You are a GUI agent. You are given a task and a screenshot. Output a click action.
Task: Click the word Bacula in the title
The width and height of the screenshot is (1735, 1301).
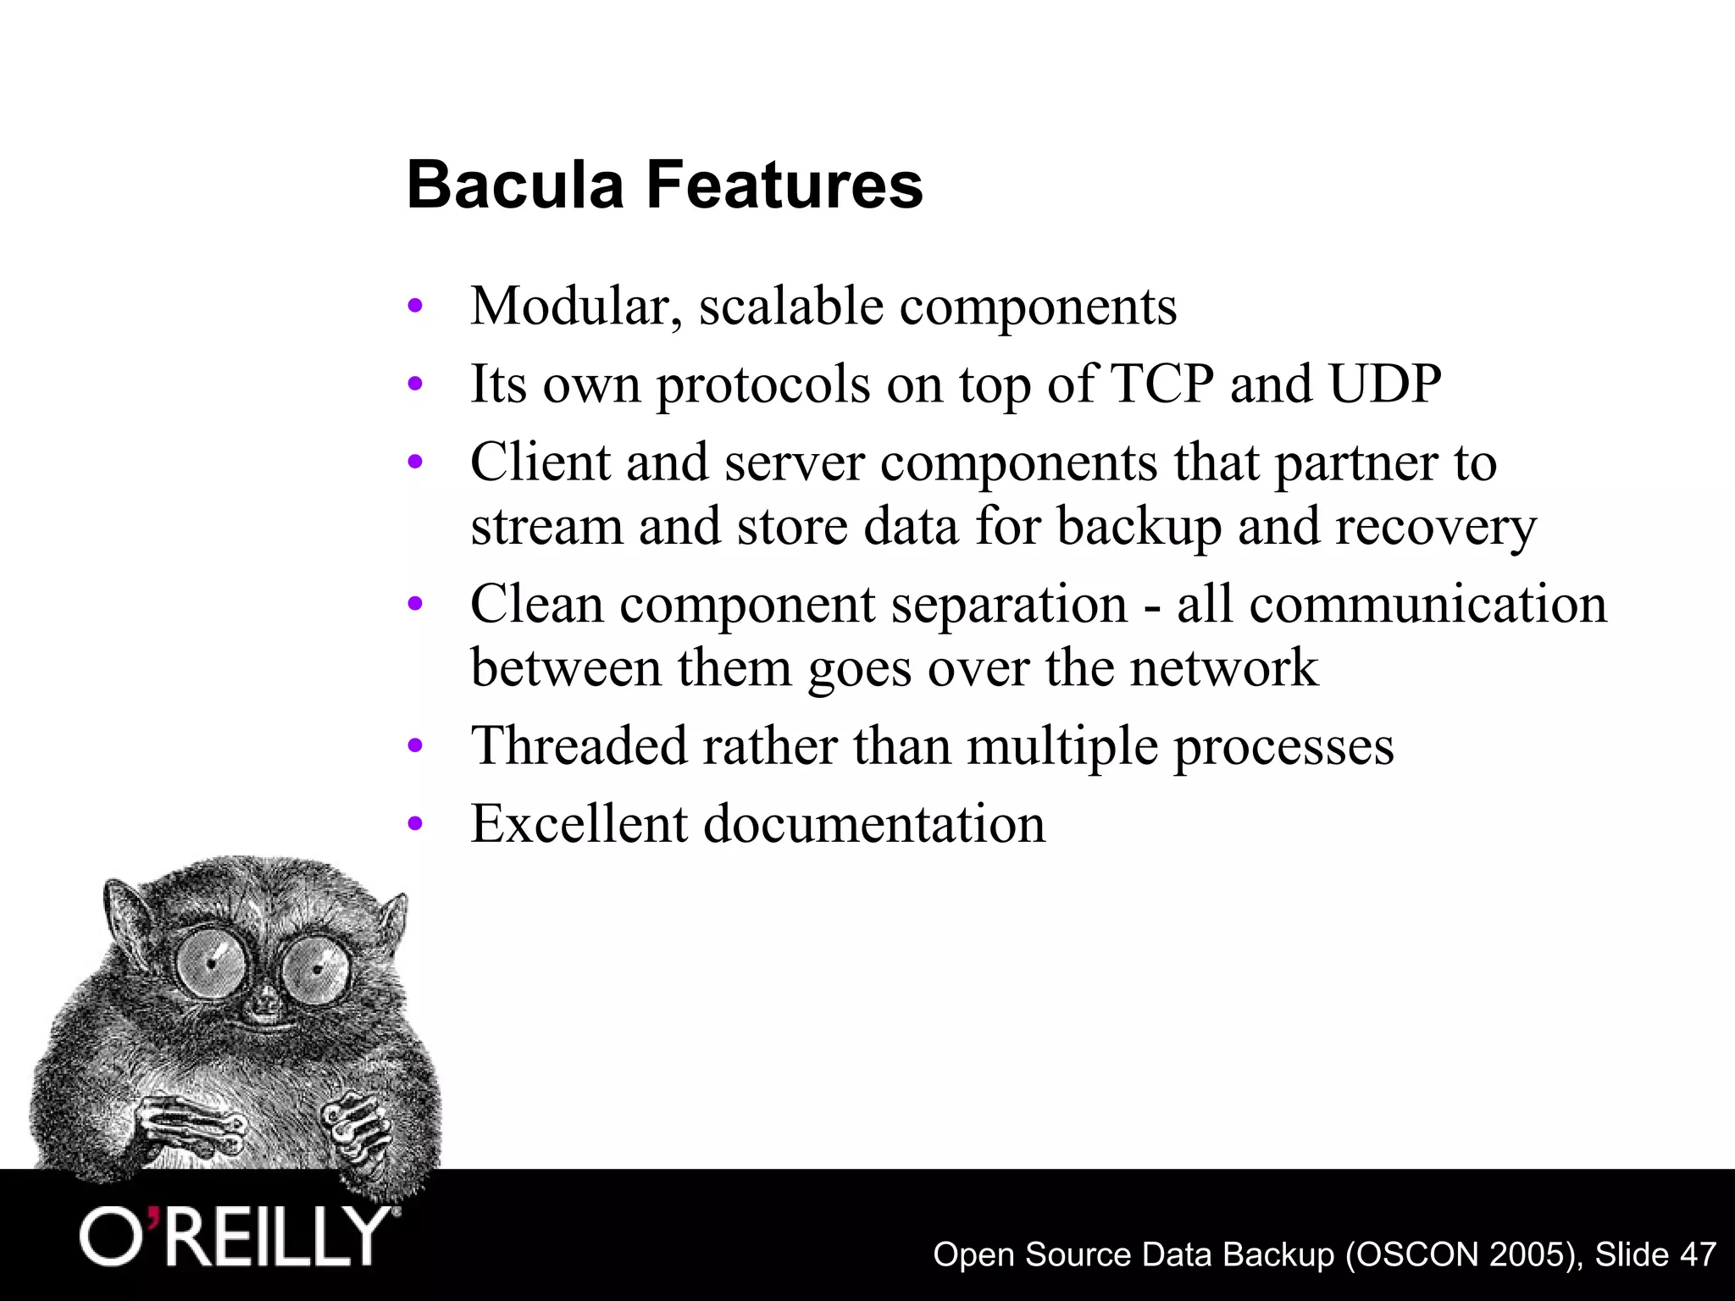tap(514, 185)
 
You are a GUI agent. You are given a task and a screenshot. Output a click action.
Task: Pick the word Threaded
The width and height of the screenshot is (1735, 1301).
tap(578, 746)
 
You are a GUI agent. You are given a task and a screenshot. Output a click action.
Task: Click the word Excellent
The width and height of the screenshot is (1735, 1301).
tap(579, 823)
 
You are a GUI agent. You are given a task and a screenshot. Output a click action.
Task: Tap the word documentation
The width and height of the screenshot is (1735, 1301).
tap(874, 823)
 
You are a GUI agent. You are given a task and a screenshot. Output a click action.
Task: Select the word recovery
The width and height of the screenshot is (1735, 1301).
tap(1435, 527)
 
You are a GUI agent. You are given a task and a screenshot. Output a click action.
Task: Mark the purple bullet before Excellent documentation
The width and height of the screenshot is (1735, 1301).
tap(414, 824)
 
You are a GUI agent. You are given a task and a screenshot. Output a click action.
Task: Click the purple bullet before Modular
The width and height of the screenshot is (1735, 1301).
tap(414, 307)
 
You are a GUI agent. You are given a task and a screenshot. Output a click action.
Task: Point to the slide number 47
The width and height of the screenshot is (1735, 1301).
tap(1698, 1254)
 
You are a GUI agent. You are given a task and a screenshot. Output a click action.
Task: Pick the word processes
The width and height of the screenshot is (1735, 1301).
tap(1283, 746)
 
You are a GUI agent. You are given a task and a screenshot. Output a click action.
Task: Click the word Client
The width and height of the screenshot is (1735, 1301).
tap(540, 462)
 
